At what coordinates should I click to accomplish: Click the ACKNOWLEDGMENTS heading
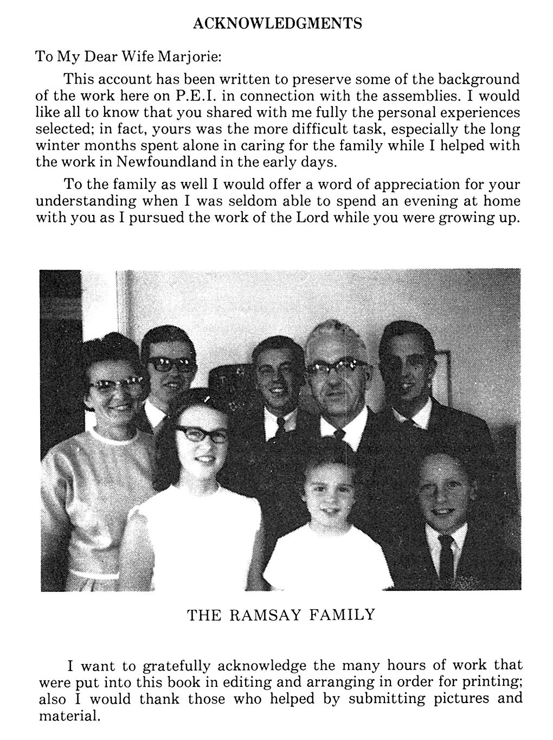tap(277, 23)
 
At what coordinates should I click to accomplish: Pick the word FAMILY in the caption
tap(343, 615)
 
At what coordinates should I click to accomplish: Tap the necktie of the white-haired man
tap(339, 434)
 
